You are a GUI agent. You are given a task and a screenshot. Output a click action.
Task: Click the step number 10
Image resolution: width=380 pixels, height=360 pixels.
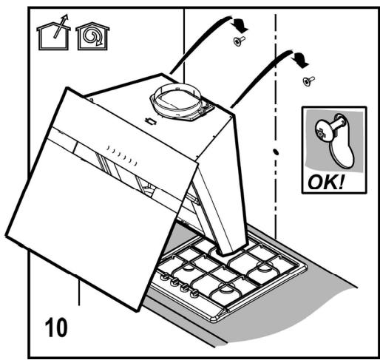click(56, 327)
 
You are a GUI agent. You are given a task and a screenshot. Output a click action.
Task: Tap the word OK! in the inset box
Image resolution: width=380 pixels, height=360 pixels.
click(326, 183)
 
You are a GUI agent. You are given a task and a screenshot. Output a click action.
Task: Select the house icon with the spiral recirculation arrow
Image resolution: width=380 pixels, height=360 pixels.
click(92, 36)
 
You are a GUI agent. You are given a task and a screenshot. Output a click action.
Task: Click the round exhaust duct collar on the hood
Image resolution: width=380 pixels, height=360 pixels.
click(177, 101)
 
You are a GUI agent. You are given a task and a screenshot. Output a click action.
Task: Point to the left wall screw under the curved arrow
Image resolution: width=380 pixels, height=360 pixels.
click(239, 41)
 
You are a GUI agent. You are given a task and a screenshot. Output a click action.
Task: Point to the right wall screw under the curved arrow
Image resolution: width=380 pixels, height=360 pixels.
click(308, 81)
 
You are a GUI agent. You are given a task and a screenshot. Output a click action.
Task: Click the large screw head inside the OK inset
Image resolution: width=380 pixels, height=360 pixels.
click(325, 132)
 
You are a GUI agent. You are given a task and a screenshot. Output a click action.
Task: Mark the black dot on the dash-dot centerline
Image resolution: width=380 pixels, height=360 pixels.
click(276, 152)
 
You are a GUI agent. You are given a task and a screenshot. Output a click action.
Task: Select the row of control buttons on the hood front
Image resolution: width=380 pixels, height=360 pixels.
click(122, 155)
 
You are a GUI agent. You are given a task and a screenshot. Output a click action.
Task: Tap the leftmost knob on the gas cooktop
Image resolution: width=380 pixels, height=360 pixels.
click(165, 277)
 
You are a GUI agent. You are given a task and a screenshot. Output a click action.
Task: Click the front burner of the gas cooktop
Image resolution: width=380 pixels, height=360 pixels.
click(225, 289)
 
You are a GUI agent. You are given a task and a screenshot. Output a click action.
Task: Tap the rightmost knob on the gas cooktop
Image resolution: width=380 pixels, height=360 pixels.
click(194, 293)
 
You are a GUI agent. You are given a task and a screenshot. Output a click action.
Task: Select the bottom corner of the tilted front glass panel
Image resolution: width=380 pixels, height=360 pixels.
click(137, 311)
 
